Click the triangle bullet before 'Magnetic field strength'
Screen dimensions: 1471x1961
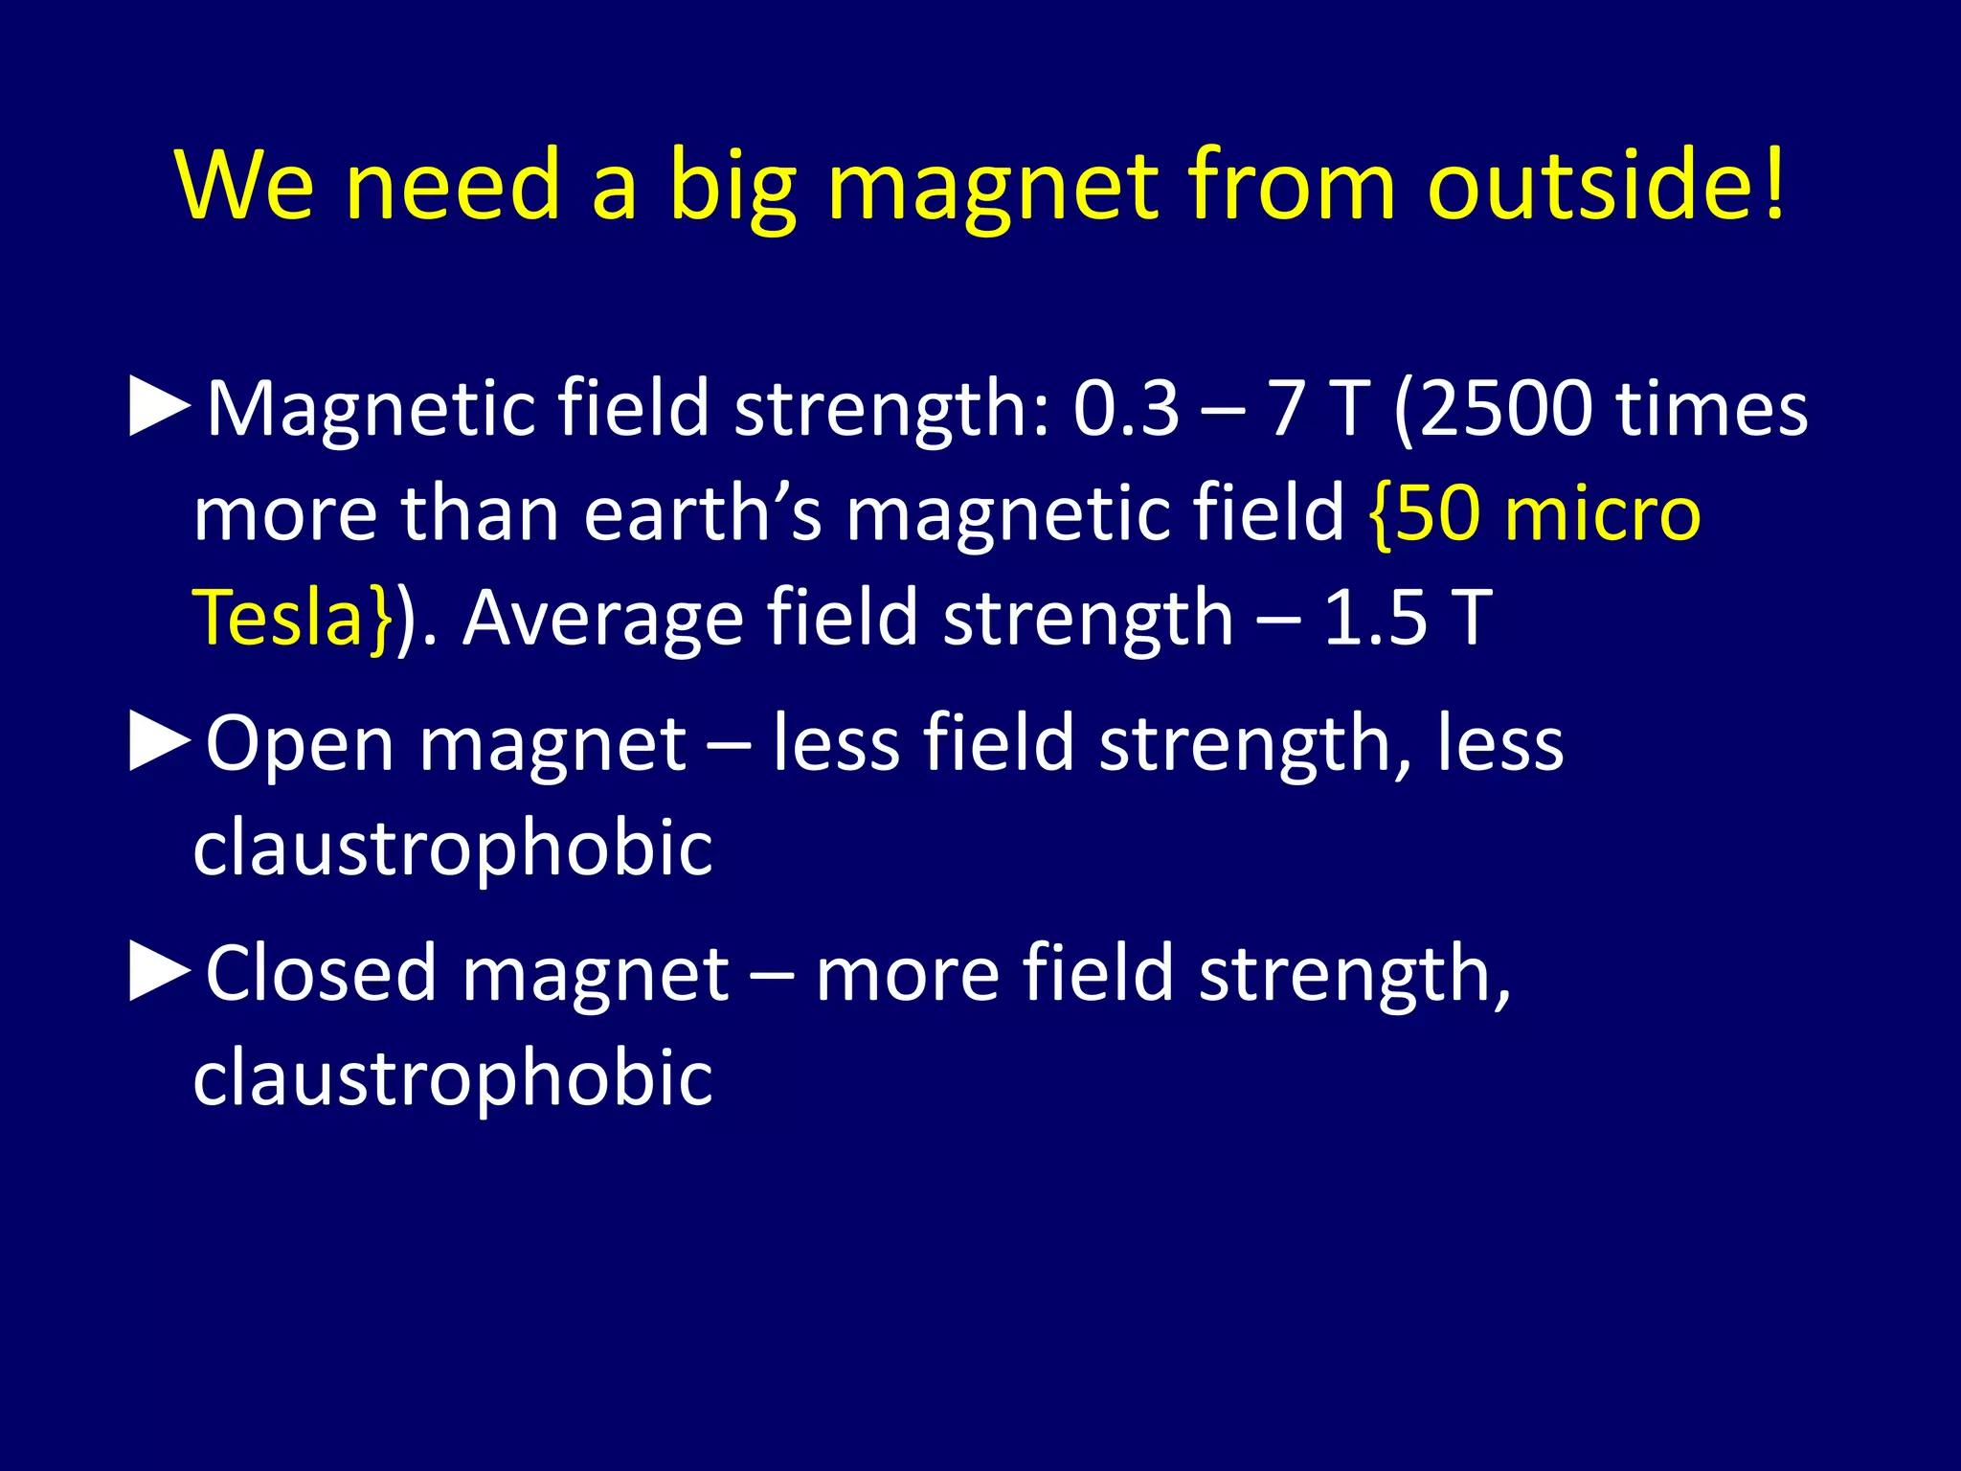tap(159, 407)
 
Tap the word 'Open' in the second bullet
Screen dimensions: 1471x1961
tap(299, 745)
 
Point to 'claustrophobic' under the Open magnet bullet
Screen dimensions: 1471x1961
tap(452, 848)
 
